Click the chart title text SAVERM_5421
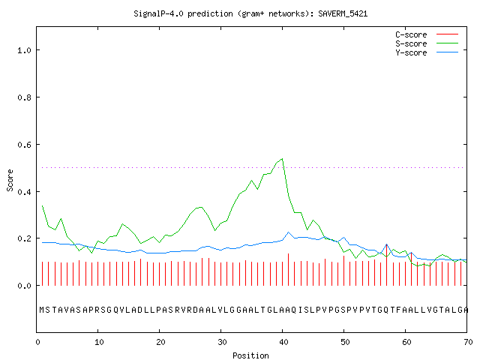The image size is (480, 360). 343,13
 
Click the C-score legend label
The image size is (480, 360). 411,34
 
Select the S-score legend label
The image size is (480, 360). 411,43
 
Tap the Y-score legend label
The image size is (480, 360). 411,52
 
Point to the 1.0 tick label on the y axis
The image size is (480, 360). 24,50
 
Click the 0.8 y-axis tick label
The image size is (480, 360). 24,97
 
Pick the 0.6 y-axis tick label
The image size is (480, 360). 24,145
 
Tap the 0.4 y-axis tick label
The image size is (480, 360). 24,192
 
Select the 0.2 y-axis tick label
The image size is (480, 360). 24,238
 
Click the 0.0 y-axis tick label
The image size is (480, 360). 24,286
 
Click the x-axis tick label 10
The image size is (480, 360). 99,342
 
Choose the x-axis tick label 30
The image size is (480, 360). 222,342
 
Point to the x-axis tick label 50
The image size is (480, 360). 345,342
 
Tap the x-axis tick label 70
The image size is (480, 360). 468,342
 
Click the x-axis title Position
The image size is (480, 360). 250,355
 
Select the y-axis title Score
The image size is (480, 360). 10,180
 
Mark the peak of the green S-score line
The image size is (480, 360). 282,158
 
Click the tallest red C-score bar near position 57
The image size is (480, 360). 387,265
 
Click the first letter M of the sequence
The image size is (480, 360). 42,310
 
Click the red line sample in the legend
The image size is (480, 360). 447,34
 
